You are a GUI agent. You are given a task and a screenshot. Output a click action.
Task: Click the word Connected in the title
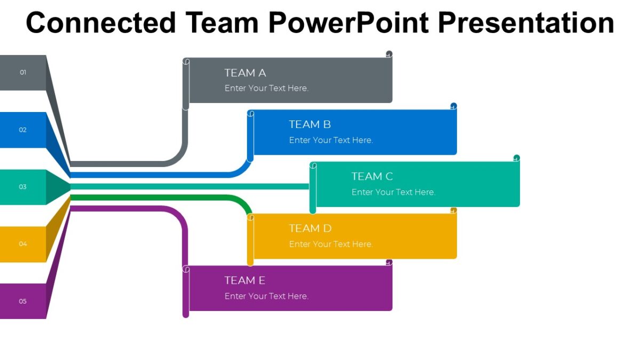[101, 23]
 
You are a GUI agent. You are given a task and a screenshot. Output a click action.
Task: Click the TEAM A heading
[245, 73]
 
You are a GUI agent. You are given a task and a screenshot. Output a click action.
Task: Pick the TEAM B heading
[310, 124]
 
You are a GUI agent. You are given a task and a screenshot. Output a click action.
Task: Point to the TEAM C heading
[372, 176]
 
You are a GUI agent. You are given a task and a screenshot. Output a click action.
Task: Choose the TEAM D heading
[310, 228]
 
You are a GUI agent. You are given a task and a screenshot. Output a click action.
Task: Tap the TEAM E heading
[245, 280]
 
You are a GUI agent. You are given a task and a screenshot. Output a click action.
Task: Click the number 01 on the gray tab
[23, 72]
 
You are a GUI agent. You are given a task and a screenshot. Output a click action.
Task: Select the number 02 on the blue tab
[23, 130]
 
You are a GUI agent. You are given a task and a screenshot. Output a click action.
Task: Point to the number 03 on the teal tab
[23, 187]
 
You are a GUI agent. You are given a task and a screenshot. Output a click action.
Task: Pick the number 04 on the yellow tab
[23, 244]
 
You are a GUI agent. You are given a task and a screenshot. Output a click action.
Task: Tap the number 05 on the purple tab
[23, 301]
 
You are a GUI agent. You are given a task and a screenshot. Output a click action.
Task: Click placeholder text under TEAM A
[266, 88]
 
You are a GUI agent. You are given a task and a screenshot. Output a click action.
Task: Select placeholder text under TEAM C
[393, 192]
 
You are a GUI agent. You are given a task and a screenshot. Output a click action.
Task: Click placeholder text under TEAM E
[266, 296]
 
